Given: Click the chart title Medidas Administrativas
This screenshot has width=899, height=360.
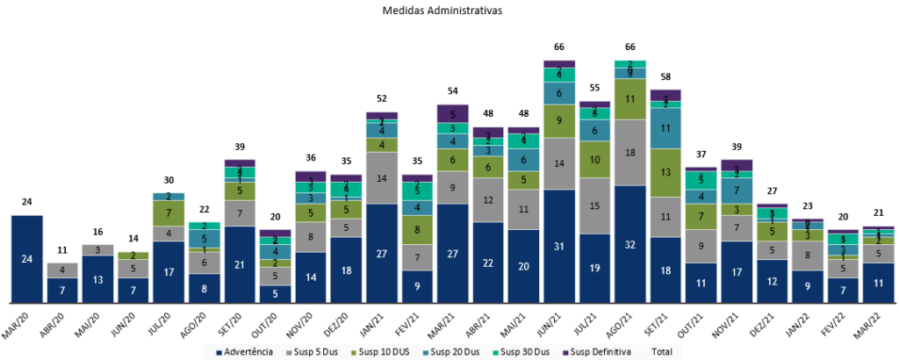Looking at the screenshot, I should (449, 11).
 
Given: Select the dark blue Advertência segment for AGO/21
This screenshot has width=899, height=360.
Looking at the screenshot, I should (630, 243).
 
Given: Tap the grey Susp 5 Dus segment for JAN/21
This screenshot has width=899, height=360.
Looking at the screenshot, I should (381, 178).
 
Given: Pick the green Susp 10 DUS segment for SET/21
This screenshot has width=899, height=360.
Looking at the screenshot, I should (665, 172).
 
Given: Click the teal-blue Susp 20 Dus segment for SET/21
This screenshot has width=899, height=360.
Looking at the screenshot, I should (665, 128).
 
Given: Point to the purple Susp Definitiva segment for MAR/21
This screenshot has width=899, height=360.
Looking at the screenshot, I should (452, 113).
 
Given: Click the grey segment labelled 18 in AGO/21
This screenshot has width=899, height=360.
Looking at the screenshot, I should (630, 152).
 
